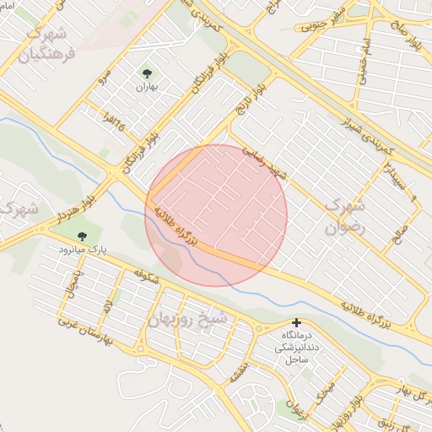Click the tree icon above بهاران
coord(148,73)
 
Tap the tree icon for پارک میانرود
coord(82,237)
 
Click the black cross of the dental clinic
coord(296,323)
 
